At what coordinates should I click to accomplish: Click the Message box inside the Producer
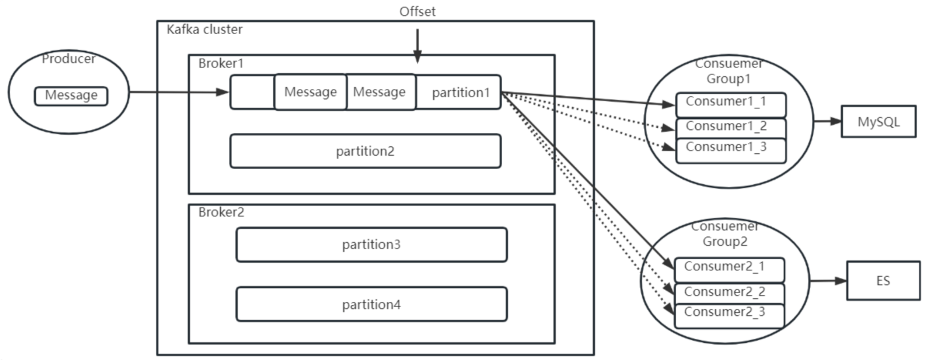pyautogui.click(x=71, y=96)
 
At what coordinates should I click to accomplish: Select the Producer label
pyautogui.click(x=68, y=59)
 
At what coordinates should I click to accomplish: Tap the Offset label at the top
pyautogui.click(x=417, y=11)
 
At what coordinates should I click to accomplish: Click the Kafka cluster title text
pyautogui.click(x=204, y=30)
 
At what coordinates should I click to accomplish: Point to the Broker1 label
pyautogui.click(x=221, y=63)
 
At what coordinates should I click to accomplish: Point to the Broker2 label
pyautogui.click(x=221, y=212)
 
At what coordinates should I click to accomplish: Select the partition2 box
pyautogui.click(x=365, y=151)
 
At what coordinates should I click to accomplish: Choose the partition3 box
pyautogui.click(x=371, y=245)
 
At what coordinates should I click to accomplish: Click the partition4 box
pyautogui.click(x=371, y=305)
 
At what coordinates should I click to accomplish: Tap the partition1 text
pyautogui.click(x=460, y=93)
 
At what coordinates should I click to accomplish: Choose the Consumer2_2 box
pyautogui.click(x=729, y=293)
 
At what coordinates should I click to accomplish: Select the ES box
pyautogui.click(x=882, y=281)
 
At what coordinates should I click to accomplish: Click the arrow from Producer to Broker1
pyautogui.click(x=179, y=93)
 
